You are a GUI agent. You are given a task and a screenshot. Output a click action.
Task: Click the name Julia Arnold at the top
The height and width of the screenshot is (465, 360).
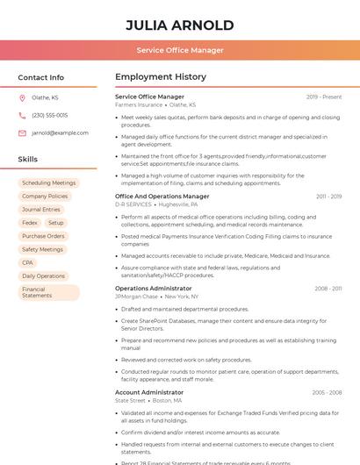click(x=180, y=25)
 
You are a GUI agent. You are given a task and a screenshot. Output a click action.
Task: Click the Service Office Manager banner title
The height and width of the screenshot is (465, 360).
click(x=180, y=50)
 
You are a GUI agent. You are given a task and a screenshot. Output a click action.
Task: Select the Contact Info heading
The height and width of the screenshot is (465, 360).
click(x=40, y=77)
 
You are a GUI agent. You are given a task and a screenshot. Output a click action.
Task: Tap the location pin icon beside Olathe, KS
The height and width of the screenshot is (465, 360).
click(x=22, y=98)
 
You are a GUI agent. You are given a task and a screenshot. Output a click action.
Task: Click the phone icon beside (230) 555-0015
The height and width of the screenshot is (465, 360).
click(x=22, y=115)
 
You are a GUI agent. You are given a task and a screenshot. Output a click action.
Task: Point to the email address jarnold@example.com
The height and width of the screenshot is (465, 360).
click(x=60, y=132)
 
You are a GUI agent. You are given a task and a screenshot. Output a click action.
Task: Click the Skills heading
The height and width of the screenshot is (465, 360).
click(x=28, y=160)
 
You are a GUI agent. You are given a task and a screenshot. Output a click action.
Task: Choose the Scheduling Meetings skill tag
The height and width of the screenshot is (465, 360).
click(x=49, y=183)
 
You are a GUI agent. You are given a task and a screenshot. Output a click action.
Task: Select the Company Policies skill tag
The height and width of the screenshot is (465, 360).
click(x=45, y=197)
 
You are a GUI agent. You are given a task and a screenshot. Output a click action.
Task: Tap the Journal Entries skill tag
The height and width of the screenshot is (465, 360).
click(x=41, y=210)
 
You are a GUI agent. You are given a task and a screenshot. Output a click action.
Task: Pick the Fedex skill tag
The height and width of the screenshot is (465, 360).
click(x=30, y=223)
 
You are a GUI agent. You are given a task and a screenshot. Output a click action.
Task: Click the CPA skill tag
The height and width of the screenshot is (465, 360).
click(x=27, y=262)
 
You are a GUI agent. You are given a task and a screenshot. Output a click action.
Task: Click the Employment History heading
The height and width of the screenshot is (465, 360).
click(x=161, y=77)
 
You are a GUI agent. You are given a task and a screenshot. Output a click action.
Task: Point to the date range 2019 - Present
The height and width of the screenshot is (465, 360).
click(x=324, y=97)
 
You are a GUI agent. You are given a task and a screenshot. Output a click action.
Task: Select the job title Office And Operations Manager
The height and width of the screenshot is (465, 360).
click(x=162, y=197)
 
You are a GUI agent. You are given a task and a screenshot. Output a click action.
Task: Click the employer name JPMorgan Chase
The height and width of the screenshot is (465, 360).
click(x=136, y=297)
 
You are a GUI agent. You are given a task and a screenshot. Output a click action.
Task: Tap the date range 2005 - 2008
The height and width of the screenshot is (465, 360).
click(x=327, y=392)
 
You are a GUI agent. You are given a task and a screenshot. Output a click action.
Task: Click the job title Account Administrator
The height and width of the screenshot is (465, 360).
click(x=149, y=392)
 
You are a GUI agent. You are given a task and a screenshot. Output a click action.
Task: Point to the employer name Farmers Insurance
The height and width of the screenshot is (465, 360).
click(x=139, y=104)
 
